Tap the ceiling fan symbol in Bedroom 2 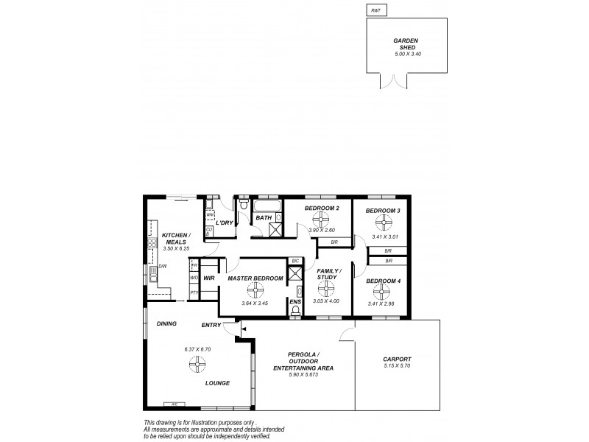[320, 218]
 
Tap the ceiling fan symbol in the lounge [197, 363]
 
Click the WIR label [209, 278]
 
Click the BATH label [264, 218]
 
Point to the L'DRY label [224, 222]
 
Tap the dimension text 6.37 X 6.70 [197, 349]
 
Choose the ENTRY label [212, 325]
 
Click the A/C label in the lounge [174, 404]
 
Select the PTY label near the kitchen [194, 292]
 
